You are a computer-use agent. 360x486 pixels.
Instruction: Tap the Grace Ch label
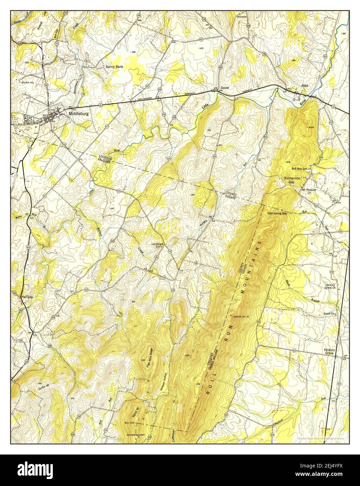[x=329, y=314]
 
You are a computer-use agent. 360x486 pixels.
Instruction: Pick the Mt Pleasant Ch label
[x=309, y=191]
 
